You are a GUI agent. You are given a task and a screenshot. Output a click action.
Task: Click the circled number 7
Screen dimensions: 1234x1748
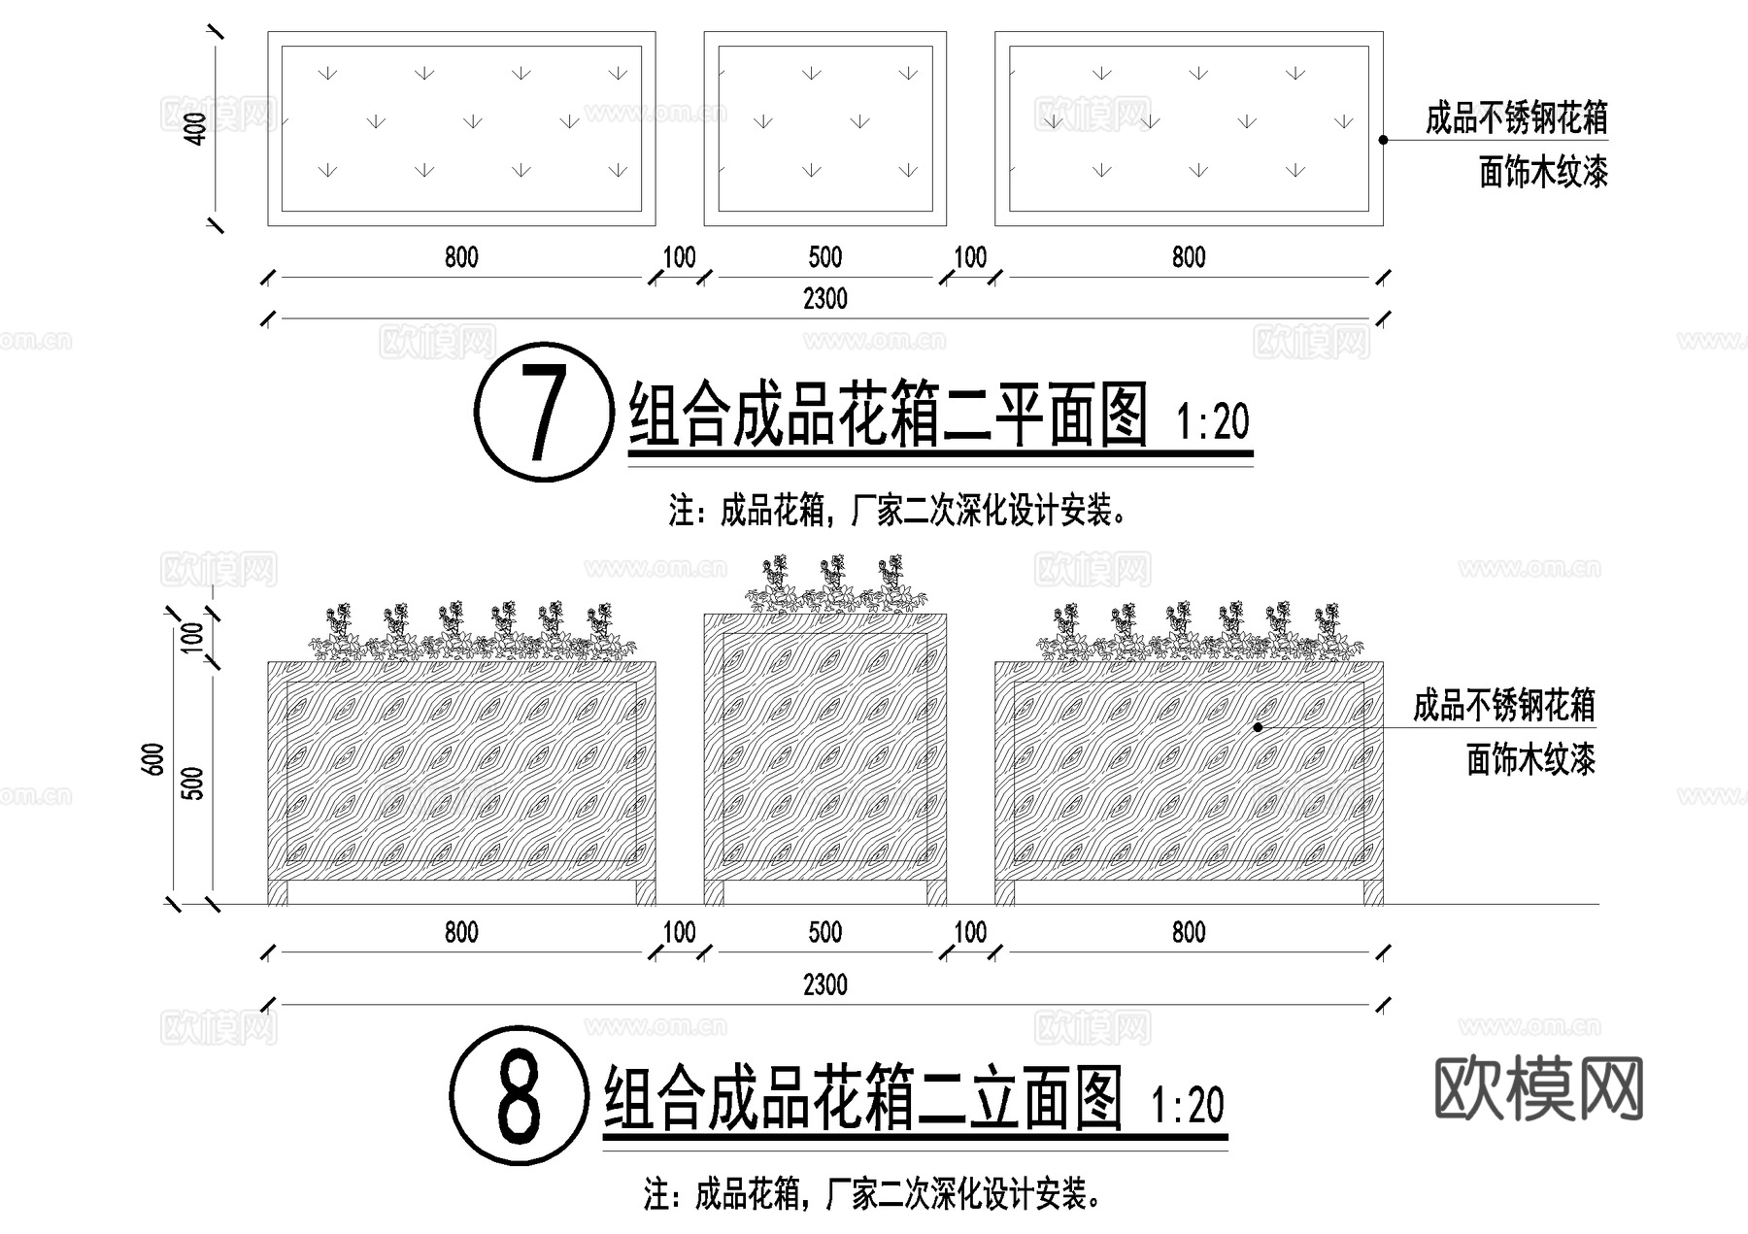pos(543,412)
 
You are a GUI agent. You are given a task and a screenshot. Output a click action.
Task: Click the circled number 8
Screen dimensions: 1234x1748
pos(519,1096)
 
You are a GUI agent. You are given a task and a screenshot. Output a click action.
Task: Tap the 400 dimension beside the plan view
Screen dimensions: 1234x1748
pos(196,128)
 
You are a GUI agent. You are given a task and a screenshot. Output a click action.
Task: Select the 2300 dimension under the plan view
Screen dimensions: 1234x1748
pos(824,299)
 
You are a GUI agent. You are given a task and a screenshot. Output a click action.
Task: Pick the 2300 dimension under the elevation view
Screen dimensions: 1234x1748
pos(824,984)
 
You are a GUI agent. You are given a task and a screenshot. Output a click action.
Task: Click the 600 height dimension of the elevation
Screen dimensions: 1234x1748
pos(153,759)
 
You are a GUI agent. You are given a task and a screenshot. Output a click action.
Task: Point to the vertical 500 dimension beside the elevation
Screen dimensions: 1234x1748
pos(193,783)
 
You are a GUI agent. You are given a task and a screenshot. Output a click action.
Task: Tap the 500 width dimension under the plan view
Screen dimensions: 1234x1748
pos(824,257)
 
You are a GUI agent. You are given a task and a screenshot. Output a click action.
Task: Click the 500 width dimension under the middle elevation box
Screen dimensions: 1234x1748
pos(824,933)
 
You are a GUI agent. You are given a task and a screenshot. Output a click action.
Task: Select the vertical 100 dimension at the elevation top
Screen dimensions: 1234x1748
pos(193,637)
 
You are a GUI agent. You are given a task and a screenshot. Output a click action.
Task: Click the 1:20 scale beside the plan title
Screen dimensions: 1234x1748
pos(1212,422)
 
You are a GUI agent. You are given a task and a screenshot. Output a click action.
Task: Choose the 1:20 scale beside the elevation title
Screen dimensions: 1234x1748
pos(1187,1106)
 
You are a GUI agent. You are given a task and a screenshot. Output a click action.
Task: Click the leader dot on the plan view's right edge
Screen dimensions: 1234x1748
pos(1383,140)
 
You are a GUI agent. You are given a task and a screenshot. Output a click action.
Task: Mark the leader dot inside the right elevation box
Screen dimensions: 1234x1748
pos(1258,726)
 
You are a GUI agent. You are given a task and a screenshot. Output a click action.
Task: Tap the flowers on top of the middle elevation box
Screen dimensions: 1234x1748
pos(825,585)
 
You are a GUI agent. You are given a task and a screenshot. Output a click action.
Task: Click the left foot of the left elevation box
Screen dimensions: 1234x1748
pos(278,892)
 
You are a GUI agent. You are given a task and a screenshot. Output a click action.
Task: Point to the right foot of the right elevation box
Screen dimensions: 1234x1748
pos(1372,892)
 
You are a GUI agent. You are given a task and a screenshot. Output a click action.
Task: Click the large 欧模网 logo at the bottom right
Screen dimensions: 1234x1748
pos(1539,1087)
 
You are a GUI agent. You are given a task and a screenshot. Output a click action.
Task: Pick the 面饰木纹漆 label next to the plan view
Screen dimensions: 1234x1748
pos(1543,173)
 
